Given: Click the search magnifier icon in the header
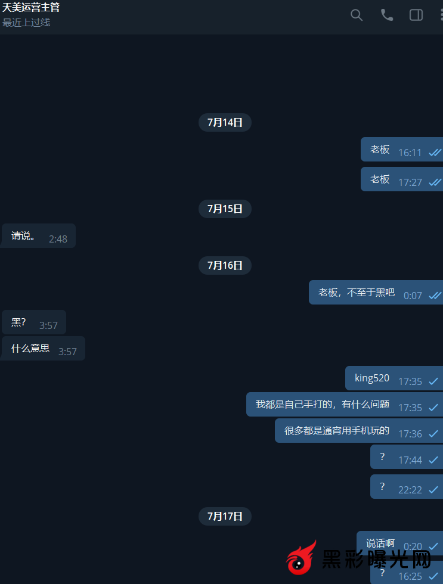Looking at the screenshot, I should pos(357,15).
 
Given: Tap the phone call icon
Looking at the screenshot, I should pos(387,15).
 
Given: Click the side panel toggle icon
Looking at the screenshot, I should pos(416,15).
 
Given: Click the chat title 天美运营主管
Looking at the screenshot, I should pos(31,8).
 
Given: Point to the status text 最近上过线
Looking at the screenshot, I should pos(26,23).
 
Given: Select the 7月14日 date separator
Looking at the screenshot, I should pos(225,122).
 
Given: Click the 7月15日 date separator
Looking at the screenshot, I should pos(225,209).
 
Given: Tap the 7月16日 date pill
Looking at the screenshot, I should pos(225,265).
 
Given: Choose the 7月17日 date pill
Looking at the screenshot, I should pos(225,516).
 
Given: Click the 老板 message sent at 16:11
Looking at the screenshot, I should pos(380,150).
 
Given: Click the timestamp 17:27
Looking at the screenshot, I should pos(410,182).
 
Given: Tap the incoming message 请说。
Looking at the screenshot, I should pos(24,236).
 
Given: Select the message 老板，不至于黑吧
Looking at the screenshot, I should pos(357,293).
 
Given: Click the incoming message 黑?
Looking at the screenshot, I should pos(18,322).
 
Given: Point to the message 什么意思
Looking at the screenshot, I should pos(30,349).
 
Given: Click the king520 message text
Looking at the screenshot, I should pos(372,378).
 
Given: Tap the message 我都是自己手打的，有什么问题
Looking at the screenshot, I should pos(323,405).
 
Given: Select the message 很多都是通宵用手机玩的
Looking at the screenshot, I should pos(337,431).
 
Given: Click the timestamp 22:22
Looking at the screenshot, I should pos(410,490).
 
